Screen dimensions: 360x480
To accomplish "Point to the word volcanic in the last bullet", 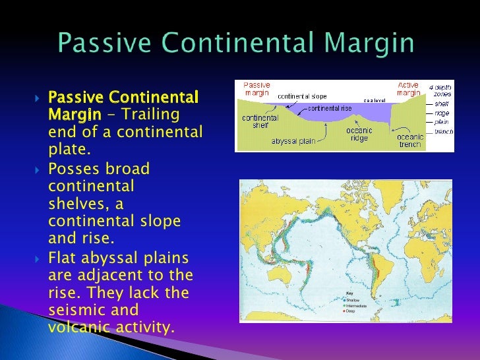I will pyautogui.click(x=75, y=327).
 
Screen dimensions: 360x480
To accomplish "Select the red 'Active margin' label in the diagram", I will pyautogui.click(x=407, y=89).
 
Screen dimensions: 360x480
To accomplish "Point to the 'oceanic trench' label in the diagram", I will pyautogui.click(x=410, y=140).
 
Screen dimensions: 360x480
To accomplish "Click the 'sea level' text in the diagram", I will pyautogui.click(x=376, y=101).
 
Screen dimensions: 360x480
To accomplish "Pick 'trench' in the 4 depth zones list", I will pyautogui.click(x=443, y=132).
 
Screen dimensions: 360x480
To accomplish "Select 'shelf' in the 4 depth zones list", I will pyautogui.click(x=442, y=104).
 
